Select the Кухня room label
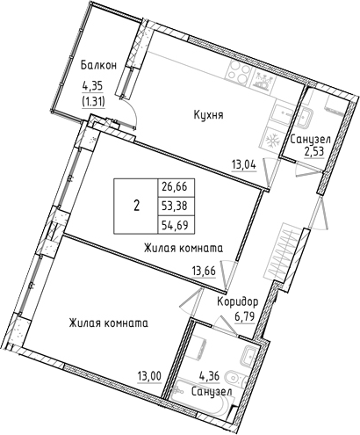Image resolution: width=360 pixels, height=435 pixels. [x=210, y=114]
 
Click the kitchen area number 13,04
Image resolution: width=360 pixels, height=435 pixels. [x=243, y=162]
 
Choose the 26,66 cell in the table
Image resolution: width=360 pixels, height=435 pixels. [x=174, y=187]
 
